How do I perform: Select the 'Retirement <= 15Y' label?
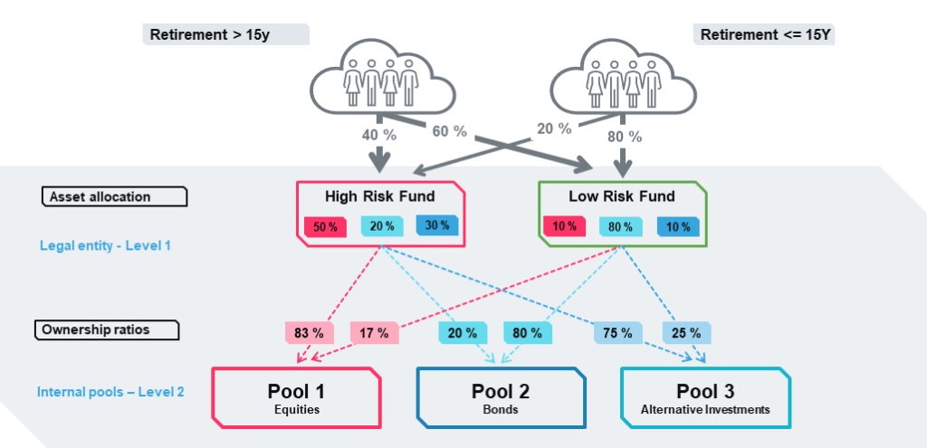click(x=763, y=34)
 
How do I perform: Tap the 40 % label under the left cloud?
click(x=379, y=135)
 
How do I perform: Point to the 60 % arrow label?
click(x=449, y=131)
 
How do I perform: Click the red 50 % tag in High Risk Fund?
click(x=325, y=227)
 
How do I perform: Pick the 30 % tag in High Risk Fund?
click(x=437, y=225)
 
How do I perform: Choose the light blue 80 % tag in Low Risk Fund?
click(x=621, y=227)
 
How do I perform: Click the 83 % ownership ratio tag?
click(x=310, y=333)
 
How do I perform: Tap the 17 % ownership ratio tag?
click(x=374, y=333)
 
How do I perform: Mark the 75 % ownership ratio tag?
click(x=617, y=333)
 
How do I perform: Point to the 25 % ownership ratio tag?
click(x=686, y=333)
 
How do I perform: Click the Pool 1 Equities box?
click(x=296, y=397)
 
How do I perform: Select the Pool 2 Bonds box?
click(x=501, y=397)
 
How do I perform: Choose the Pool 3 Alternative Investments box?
click(x=706, y=397)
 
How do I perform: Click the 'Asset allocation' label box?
click(x=115, y=196)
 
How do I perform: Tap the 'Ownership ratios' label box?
click(x=107, y=329)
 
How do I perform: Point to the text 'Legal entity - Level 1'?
click(x=105, y=244)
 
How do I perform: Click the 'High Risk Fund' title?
click(x=379, y=195)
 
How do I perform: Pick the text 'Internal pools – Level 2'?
click(x=110, y=392)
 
